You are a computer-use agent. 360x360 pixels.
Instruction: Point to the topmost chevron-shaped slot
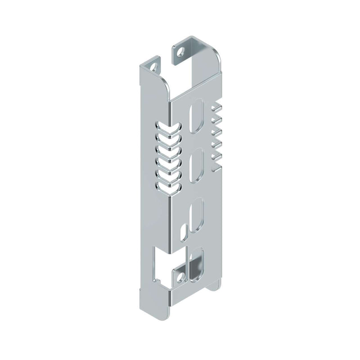point(167,126)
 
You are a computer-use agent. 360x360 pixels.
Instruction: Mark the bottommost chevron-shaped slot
point(167,186)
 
